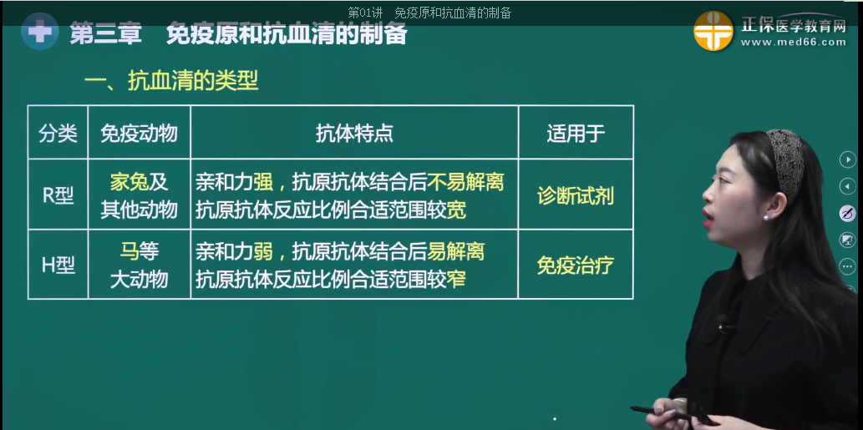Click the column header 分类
[58, 134]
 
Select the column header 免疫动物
[139, 134]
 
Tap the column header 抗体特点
[354, 134]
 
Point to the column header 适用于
[576, 134]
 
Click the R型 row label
[58, 195]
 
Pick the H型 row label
[58, 265]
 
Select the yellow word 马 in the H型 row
[128, 251]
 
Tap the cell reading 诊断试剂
[576, 195]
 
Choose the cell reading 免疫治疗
[576, 266]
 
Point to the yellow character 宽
[456, 210]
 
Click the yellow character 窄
[456, 279]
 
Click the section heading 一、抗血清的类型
[171, 81]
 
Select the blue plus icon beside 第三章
[38, 33]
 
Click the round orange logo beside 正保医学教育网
[713, 31]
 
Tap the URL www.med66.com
[793, 43]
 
